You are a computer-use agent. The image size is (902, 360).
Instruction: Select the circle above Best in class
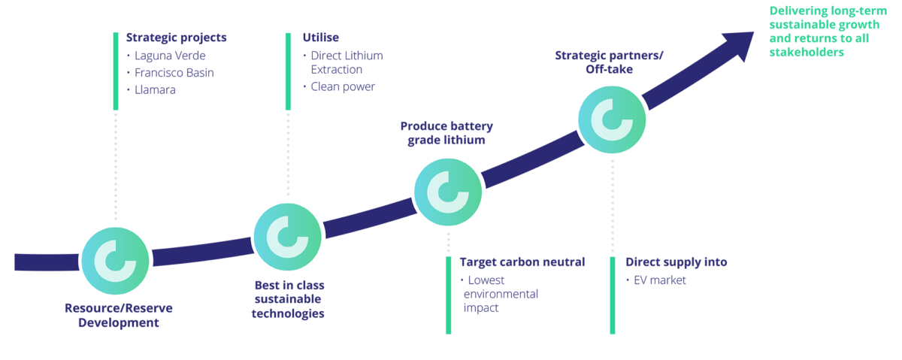(x=288, y=236)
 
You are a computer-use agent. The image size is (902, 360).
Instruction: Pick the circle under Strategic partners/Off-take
(x=613, y=119)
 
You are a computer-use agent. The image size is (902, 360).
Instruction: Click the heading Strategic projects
(x=176, y=37)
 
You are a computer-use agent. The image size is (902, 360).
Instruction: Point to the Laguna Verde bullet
(x=169, y=56)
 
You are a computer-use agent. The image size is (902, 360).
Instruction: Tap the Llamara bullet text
(x=156, y=90)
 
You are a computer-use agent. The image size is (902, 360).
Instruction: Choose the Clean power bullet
(x=343, y=86)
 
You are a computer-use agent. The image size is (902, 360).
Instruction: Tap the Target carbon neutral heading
(x=522, y=262)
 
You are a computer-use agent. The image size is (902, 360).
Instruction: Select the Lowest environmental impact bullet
(x=501, y=294)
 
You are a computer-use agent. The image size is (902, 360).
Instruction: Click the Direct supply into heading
(x=676, y=262)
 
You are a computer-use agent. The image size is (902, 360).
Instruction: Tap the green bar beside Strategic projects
(x=116, y=71)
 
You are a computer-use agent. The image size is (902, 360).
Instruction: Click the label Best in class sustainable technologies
(x=289, y=299)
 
